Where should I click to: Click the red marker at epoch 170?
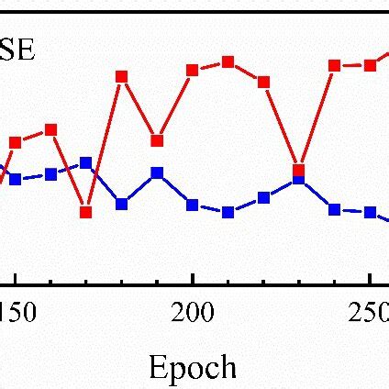click(x=85, y=212)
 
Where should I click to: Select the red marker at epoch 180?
click(x=121, y=76)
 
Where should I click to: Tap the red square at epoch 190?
click(x=157, y=140)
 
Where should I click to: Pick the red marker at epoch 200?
click(x=193, y=70)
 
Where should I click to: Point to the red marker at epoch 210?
click(x=228, y=62)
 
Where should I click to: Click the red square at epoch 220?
click(x=263, y=82)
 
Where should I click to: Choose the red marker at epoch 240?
click(x=335, y=65)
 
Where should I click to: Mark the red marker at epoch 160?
click(x=50, y=130)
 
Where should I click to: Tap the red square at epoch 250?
click(x=370, y=65)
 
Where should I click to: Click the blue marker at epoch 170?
click(x=85, y=162)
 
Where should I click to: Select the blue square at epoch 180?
click(x=121, y=204)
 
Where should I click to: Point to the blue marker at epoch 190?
click(x=157, y=172)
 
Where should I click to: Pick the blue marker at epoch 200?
click(x=193, y=205)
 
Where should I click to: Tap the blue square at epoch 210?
click(x=228, y=212)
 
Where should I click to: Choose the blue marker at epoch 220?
click(x=263, y=197)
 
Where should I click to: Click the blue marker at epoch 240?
click(x=335, y=209)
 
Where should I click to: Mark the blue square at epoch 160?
click(x=50, y=174)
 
